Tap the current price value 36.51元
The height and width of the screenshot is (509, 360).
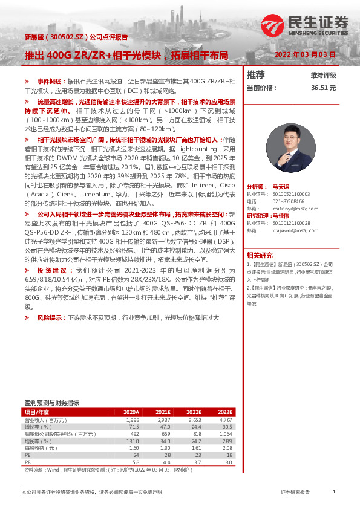(x=323, y=88)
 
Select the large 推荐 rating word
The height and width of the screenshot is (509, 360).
(x=256, y=75)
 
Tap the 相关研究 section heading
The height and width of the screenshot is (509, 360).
(x=260, y=254)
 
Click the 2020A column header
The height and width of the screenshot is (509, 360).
(x=131, y=412)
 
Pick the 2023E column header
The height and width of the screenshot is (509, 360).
(x=224, y=412)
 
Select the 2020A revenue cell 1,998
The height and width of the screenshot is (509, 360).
(x=132, y=420)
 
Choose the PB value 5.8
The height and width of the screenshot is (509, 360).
(x=135, y=462)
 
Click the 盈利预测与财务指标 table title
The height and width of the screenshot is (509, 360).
(x=51, y=403)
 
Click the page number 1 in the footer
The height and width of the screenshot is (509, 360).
(x=333, y=492)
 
